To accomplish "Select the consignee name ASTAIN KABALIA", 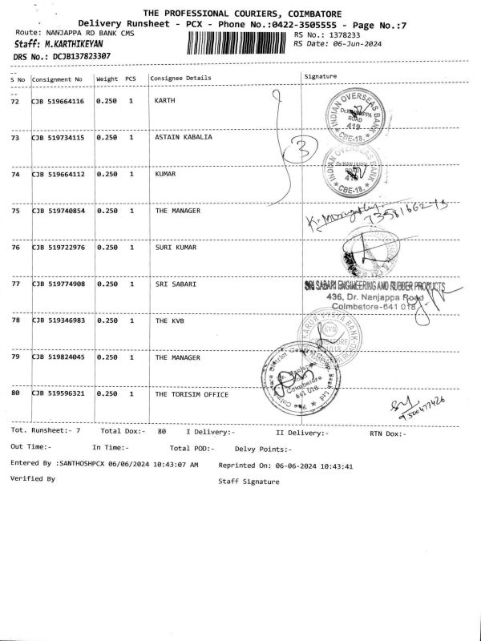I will (x=184, y=138).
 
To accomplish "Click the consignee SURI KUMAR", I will (x=176, y=248).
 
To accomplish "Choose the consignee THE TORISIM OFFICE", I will (x=192, y=394).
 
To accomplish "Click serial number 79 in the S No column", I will (x=15, y=357).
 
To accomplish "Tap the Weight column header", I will (x=107, y=79).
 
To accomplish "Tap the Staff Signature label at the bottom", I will (x=249, y=482).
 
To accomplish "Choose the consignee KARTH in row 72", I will (x=164, y=102).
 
